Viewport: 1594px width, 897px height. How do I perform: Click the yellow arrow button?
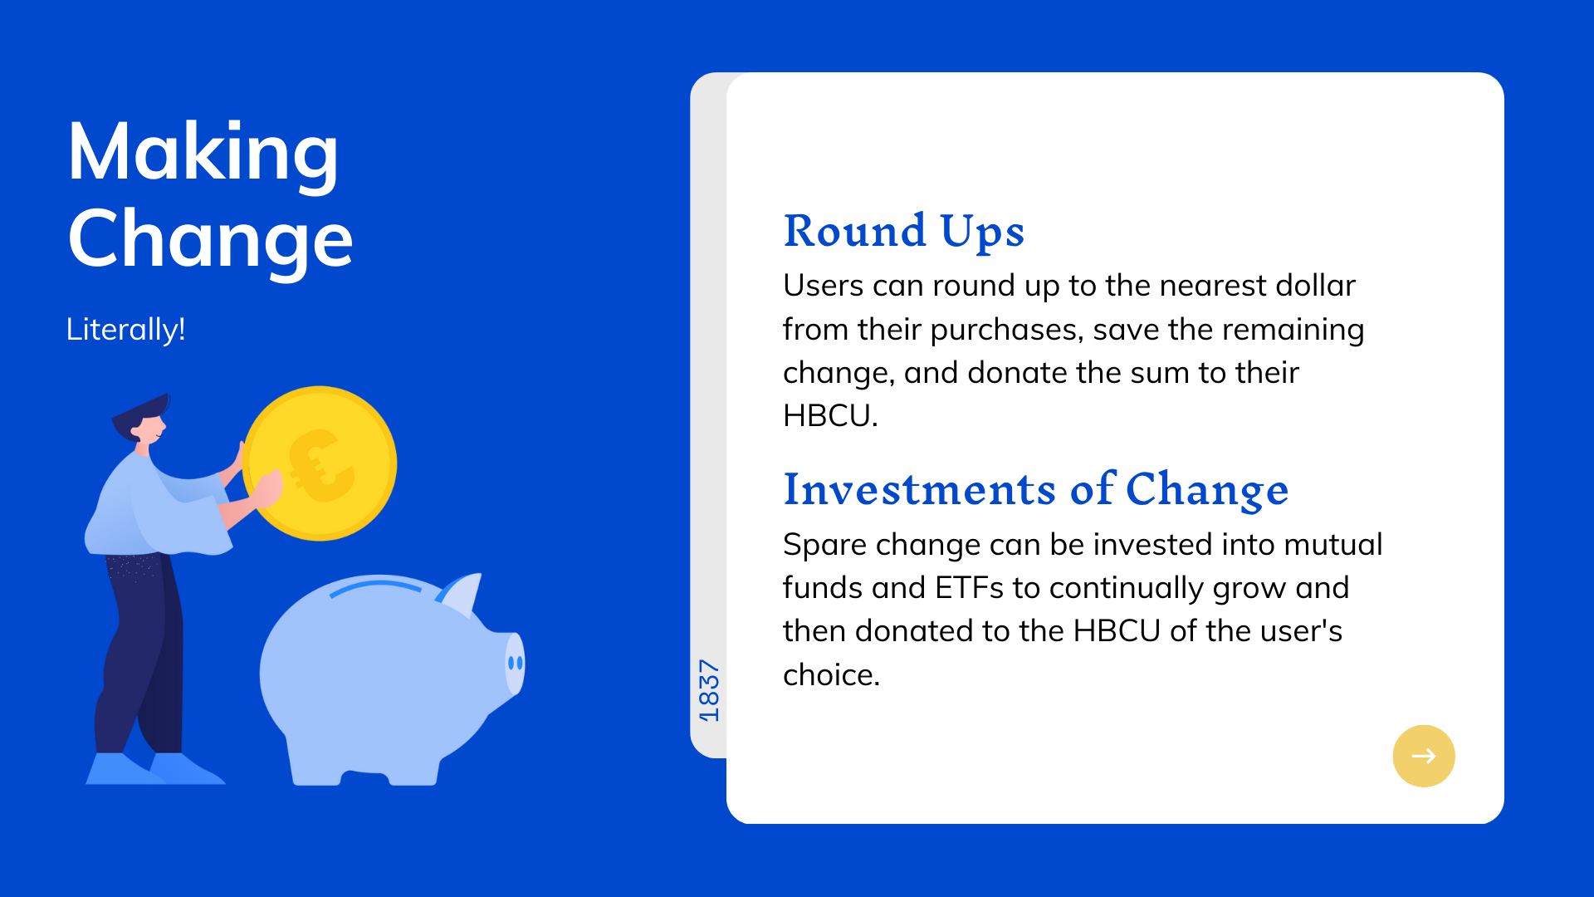click(x=1424, y=756)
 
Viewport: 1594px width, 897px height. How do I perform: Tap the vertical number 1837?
click(x=709, y=691)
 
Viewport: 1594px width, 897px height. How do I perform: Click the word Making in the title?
click(x=203, y=153)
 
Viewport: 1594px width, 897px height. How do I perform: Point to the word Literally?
click(x=125, y=330)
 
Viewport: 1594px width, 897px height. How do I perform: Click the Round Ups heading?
click(x=904, y=231)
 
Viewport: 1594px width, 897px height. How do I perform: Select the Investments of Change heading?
click(x=1036, y=489)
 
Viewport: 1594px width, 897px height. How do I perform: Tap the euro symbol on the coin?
click(x=320, y=466)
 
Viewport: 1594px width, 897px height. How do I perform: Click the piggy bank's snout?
click(x=515, y=663)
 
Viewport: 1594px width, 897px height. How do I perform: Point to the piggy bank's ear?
click(x=462, y=593)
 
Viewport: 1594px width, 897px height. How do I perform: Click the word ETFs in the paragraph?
click(x=970, y=588)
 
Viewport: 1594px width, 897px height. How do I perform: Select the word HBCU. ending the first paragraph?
click(x=830, y=415)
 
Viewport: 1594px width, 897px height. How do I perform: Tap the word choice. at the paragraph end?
click(x=832, y=674)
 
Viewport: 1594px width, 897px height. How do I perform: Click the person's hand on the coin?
click(x=267, y=489)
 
